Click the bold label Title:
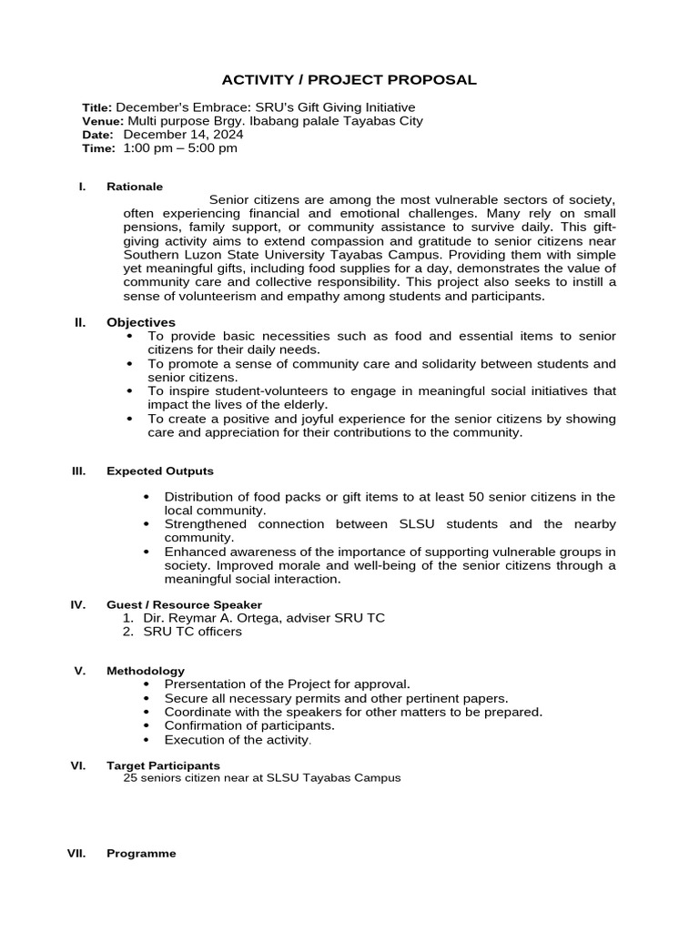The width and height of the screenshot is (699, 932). pyautogui.click(x=97, y=107)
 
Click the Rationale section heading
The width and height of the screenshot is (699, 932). pyautogui.click(x=135, y=187)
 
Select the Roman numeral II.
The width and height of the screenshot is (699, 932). pyautogui.click(x=79, y=322)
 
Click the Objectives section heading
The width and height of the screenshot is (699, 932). pyautogui.click(x=141, y=322)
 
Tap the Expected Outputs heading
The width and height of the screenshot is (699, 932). pyautogui.click(x=160, y=471)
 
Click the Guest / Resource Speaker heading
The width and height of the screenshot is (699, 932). pyautogui.click(x=184, y=604)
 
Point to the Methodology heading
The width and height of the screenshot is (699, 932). pyautogui.click(x=146, y=671)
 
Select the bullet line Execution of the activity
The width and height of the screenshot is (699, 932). pyautogui.click(x=238, y=740)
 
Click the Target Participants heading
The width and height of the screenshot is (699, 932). pyautogui.click(x=163, y=765)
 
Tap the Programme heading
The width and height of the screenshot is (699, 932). pyautogui.click(x=141, y=854)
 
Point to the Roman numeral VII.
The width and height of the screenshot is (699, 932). pyautogui.click(x=77, y=854)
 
